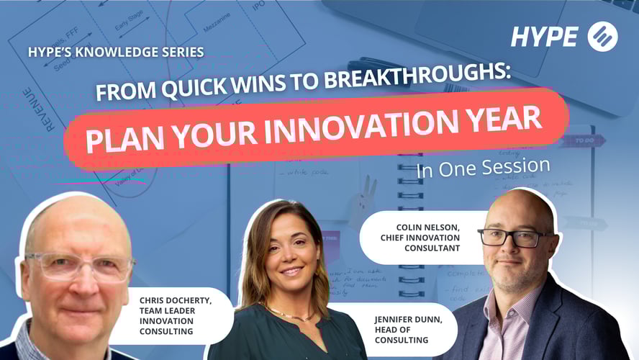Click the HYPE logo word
pyautogui.click(x=545, y=37)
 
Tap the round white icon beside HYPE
pyautogui.click(x=602, y=37)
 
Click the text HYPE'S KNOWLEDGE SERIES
pyautogui.click(x=115, y=53)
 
